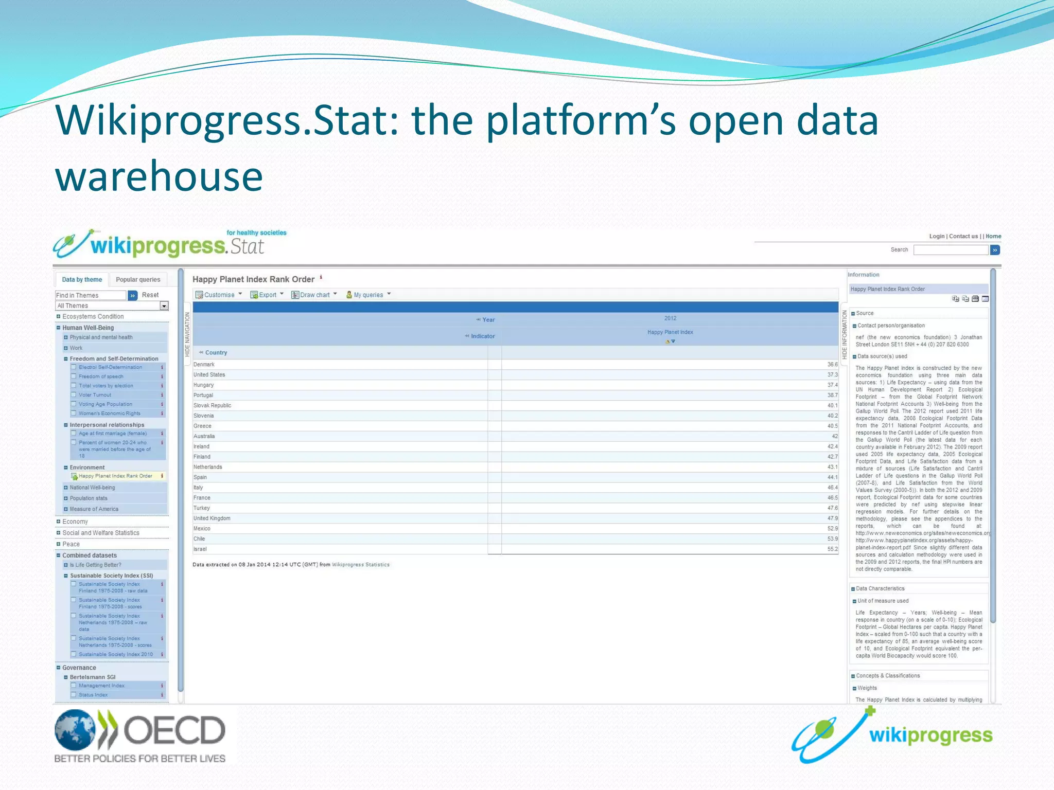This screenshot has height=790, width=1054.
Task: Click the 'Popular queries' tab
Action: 138,280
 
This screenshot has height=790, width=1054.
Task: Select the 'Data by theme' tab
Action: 82,280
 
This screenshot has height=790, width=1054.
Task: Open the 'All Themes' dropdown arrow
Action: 164,306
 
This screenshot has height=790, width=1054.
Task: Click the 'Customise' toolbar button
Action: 218,295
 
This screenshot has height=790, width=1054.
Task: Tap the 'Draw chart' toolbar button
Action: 314,295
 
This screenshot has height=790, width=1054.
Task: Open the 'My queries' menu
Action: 368,295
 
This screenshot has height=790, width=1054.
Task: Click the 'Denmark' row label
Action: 204,365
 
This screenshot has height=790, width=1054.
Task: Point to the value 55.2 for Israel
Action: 832,549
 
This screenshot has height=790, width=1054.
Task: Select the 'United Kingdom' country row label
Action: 212,518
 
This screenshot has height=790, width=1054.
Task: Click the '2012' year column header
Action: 670,318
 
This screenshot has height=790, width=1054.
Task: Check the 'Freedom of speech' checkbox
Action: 74,376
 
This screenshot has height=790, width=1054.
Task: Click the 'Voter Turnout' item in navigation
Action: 95,395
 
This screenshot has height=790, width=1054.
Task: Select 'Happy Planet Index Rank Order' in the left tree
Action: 115,476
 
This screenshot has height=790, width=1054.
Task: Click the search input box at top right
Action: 951,250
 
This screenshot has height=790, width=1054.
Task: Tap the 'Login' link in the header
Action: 937,237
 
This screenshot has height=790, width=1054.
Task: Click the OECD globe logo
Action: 75,730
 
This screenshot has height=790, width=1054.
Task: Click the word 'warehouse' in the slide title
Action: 159,176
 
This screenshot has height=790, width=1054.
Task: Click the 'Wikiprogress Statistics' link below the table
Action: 360,565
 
